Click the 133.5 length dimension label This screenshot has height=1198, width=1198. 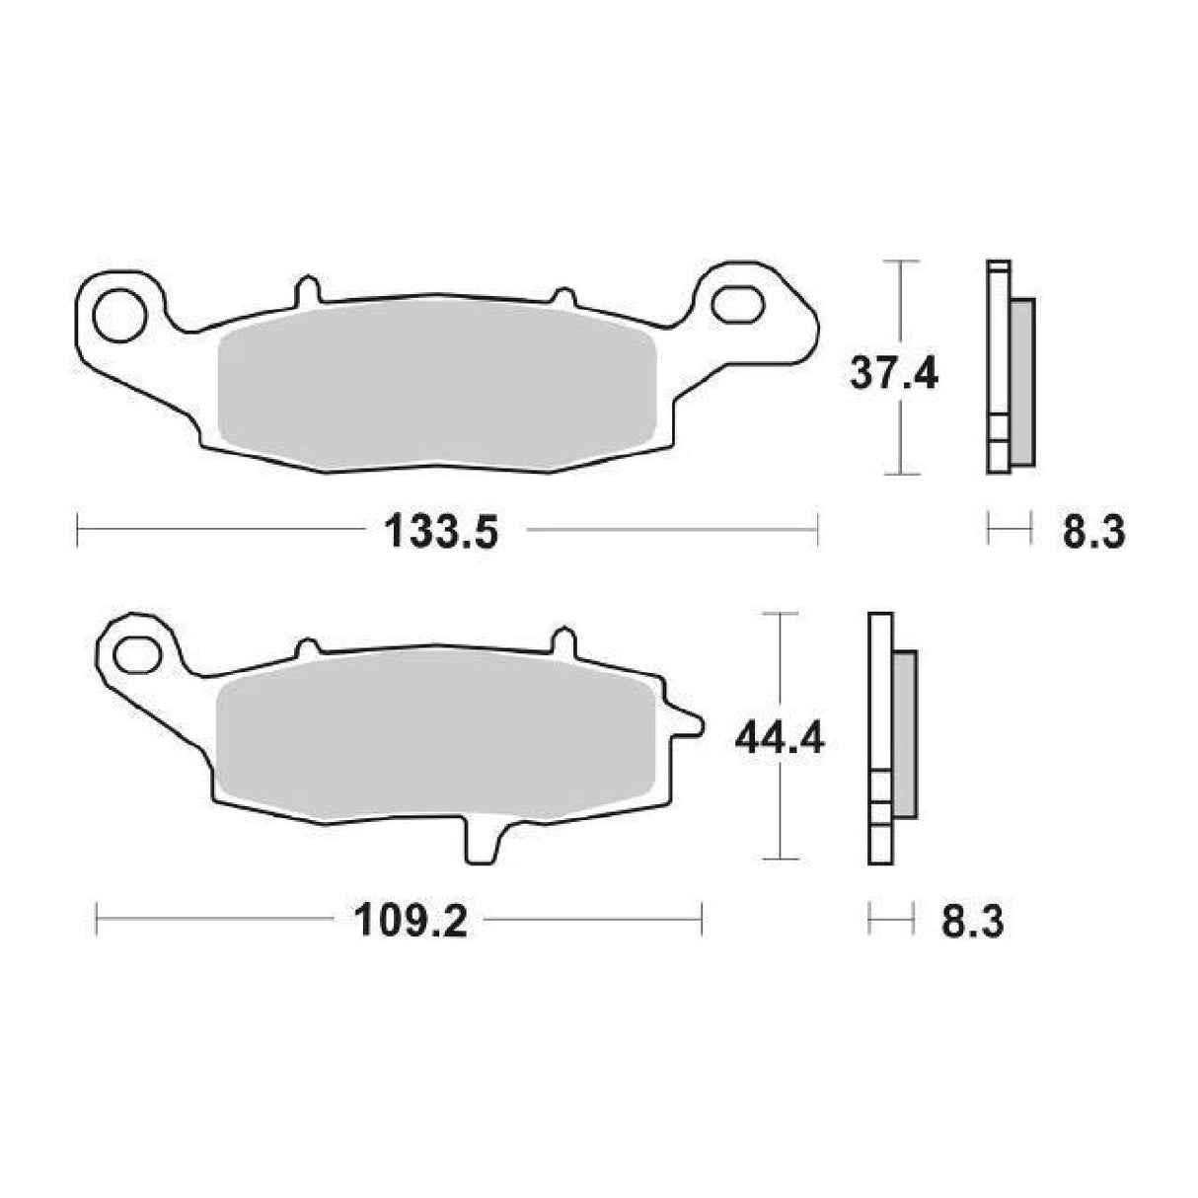pos(442,533)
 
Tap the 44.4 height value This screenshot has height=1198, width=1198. pos(780,737)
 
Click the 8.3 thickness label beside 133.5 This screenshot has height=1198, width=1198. pos(1092,533)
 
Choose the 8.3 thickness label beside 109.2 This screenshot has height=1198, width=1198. pos(972,923)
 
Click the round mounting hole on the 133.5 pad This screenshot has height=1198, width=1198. pos(116,311)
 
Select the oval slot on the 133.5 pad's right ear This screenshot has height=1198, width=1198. pos(738,304)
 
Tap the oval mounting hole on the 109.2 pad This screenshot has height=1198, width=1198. pos(137,652)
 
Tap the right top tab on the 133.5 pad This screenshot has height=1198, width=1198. pos(563,296)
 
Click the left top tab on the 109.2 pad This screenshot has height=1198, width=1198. pos(309,647)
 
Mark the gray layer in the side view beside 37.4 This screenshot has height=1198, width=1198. pos(1021,382)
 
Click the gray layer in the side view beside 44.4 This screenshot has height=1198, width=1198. pos(903,734)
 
